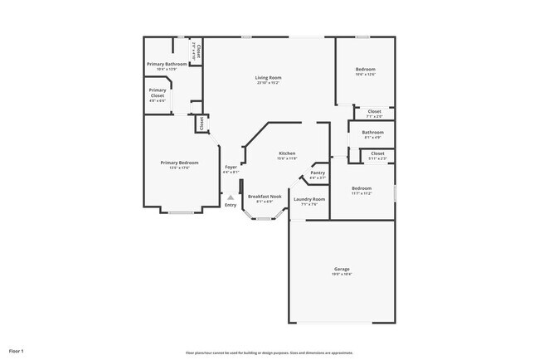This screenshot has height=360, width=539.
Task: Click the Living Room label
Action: [x=268, y=78]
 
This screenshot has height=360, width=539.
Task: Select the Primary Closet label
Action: [x=158, y=93]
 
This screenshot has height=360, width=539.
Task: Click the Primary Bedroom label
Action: [x=180, y=163]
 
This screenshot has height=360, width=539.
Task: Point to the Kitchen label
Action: [x=287, y=153]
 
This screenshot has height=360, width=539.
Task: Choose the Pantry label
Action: [x=318, y=173]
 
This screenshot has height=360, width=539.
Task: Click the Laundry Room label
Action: [x=308, y=199]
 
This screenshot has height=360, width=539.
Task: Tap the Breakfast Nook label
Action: [x=265, y=197]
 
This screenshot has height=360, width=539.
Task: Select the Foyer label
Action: [x=231, y=168]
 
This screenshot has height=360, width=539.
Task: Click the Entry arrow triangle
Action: [x=231, y=197]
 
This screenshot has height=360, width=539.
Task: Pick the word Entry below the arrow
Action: [x=231, y=205]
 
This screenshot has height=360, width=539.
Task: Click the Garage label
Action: [x=342, y=270]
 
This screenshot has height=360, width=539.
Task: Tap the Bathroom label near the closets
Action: [x=372, y=132]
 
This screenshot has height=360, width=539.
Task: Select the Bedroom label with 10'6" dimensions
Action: [x=366, y=69]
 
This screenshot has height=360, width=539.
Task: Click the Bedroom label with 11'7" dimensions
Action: [x=362, y=188]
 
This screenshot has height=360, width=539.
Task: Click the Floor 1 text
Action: [x=17, y=351]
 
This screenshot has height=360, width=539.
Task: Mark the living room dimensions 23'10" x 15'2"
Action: [x=268, y=83]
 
